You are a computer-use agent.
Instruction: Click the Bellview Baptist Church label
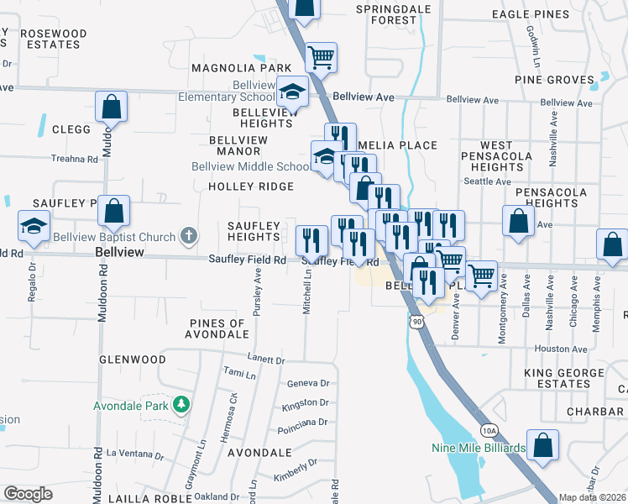coord(113,237)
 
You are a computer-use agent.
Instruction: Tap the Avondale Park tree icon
coord(181,406)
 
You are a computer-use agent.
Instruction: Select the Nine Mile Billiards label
coord(479,448)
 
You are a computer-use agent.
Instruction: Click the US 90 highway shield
coord(417,320)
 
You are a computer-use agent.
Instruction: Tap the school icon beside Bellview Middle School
coord(325,155)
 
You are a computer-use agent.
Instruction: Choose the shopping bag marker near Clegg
coord(111,107)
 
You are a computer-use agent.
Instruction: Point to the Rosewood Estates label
coord(53,39)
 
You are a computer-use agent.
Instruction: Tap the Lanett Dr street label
coord(267,359)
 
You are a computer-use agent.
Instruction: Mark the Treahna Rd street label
coord(75,158)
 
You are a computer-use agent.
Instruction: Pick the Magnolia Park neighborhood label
coord(240,67)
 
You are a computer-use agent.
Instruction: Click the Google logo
coord(28,494)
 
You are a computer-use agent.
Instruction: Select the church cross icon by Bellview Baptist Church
coord(189,237)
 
